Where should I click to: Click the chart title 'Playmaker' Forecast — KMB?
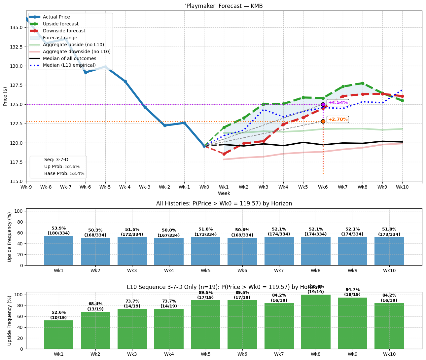pos(224,6)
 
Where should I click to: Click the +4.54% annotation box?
pos(337,102)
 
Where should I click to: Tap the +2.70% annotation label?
pos(337,119)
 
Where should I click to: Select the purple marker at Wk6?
pos(323,104)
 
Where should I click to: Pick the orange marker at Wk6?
pos(323,121)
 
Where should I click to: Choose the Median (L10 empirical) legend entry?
pos(69,65)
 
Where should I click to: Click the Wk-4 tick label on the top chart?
pos(125,187)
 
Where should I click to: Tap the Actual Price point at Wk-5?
pos(105,67)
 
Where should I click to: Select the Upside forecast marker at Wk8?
pos(363,83)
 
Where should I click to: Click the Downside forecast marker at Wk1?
pos(224,154)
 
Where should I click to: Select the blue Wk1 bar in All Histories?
pos(58,251)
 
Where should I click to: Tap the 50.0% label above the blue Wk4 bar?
pos(169,230)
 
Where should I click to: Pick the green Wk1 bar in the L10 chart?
pos(58,335)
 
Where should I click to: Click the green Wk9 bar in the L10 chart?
pos(352,323)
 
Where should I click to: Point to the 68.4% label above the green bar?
pos(95,304)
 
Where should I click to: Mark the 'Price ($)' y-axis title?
pos(5,96)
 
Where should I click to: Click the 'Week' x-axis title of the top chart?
pos(224,193)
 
